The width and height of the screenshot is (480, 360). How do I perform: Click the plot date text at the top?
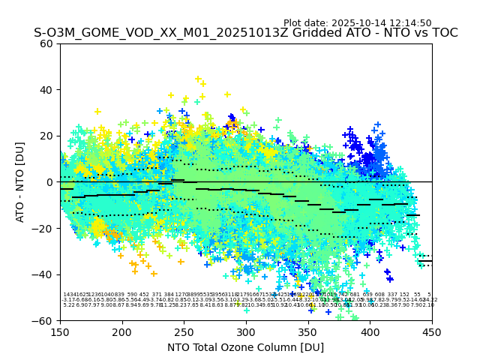pyautogui.click(x=357, y=23)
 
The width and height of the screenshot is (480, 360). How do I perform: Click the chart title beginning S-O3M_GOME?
pyautogui.click(x=245, y=34)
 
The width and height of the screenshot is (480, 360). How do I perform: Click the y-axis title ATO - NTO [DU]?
pyautogui.click(x=20, y=181)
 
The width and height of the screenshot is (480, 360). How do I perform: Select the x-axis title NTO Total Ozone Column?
pyautogui.click(x=245, y=347)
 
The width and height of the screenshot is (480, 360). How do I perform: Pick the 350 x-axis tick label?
pyautogui.click(x=308, y=331)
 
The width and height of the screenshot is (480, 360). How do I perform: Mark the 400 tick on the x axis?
pyautogui.click(x=370, y=331)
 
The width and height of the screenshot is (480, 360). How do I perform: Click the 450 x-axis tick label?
pyautogui.click(x=432, y=331)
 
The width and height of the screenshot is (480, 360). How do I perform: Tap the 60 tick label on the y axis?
pyautogui.click(x=47, y=43)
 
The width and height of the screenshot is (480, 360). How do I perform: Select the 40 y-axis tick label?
pyautogui.click(x=47, y=90)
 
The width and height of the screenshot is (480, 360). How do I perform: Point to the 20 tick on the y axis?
pyautogui.click(x=47, y=136)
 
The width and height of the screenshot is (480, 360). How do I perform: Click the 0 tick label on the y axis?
pyautogui.click(x=50, y=182)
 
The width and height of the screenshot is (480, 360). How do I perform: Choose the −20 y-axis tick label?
pyautogui.click(x=43, y=228)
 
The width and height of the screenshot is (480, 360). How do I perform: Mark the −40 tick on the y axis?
pyautogui.click(x=43, y=274)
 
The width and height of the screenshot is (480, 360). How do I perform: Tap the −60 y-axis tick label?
pyautogui.click(x=43, y=320)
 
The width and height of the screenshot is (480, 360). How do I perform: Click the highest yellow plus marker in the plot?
pyautogui.click(x=198, y=79)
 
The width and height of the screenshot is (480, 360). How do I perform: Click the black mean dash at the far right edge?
pyautogui.click(x=425, y=261)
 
